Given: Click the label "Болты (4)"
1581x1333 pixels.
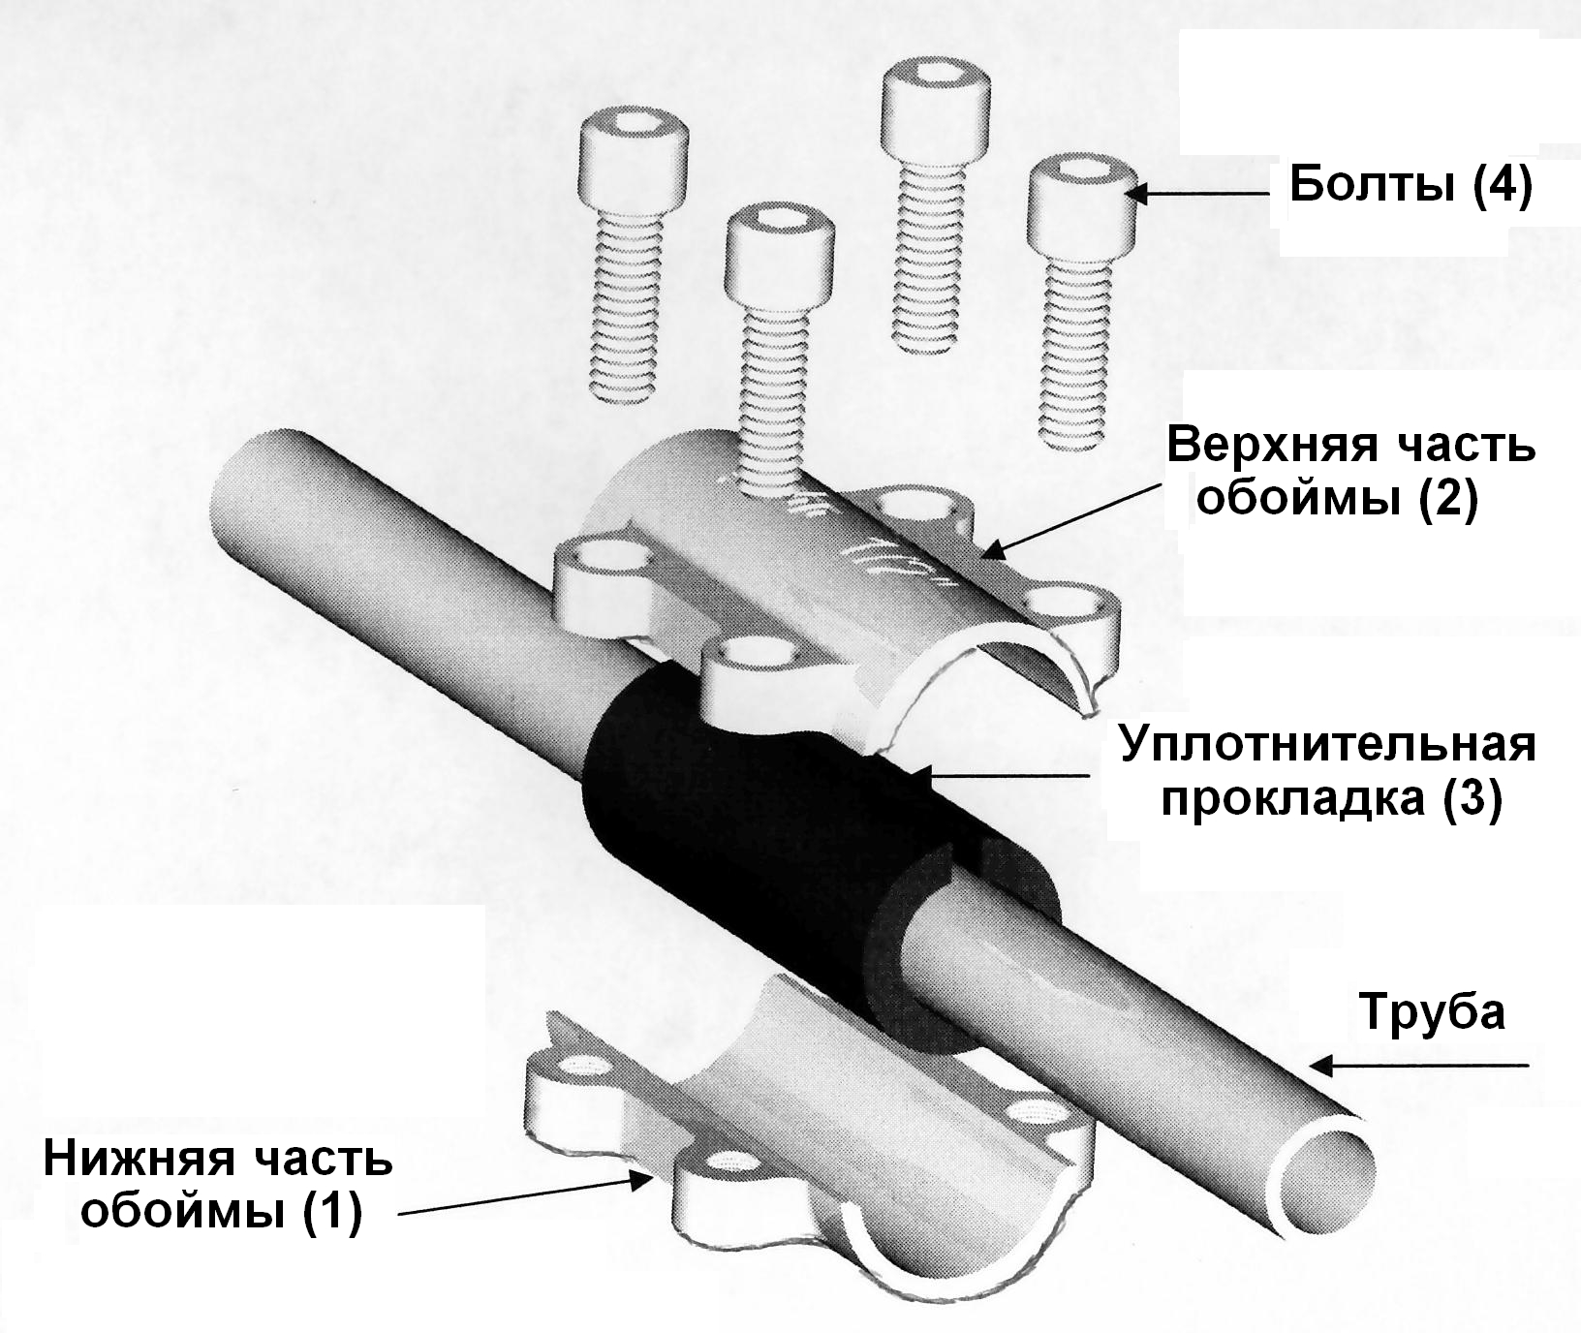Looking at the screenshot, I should tap(1410, 186).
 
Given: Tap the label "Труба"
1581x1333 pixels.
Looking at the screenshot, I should tap(1434, 1012).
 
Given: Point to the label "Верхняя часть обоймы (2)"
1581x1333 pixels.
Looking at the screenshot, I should tap(1350, 474).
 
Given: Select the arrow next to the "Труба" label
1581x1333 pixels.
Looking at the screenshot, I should tap(1414, 1067).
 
